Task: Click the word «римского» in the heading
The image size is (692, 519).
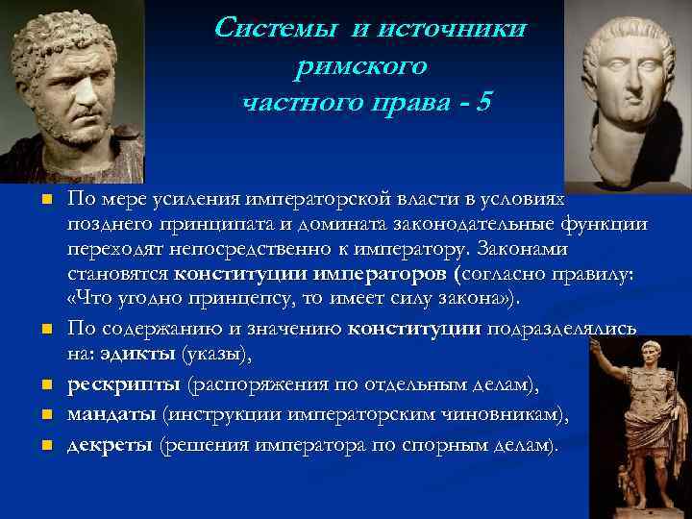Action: (366, 64)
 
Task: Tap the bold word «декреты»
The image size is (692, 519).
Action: (110, 445)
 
